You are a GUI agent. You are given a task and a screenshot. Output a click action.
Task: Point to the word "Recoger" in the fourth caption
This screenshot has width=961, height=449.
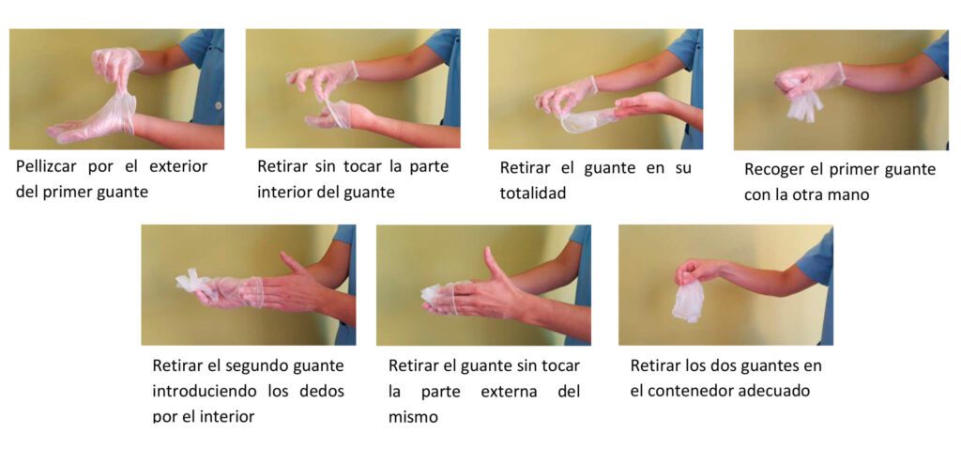(x=775, y=170)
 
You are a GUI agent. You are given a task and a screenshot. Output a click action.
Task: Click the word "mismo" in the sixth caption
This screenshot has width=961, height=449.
(x=413, y=416)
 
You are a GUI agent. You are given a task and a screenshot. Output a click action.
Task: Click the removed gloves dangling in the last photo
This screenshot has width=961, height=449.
(x=688, y=302)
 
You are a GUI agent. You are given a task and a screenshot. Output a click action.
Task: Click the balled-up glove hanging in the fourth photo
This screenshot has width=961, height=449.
(x=804, y=104)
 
